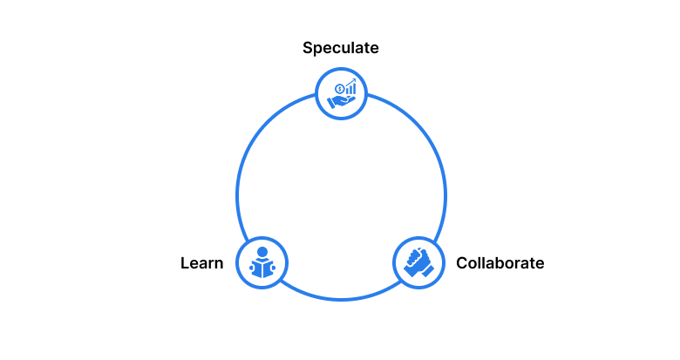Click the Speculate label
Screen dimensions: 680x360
point(340,48)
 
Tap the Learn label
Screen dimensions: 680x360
point(202,263)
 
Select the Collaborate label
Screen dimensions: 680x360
point(500,263)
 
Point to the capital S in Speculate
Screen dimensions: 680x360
point(308,48)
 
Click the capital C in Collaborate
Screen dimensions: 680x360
point(462,263)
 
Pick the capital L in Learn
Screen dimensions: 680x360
point(185,263)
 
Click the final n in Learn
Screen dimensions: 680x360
point(219,264)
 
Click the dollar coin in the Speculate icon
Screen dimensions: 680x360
point(340,90)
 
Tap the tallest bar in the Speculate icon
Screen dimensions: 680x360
point(354,89)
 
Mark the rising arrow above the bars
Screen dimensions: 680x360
point(351,82)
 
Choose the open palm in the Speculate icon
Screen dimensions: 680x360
point(343,101)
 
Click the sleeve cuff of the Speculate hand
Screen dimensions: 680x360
point(330,104)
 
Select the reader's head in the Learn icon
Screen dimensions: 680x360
point(262,252)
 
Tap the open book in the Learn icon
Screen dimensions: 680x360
point(262,268)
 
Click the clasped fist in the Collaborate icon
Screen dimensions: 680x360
point(417,260)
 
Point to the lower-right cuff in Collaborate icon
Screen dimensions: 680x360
point(427,271)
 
